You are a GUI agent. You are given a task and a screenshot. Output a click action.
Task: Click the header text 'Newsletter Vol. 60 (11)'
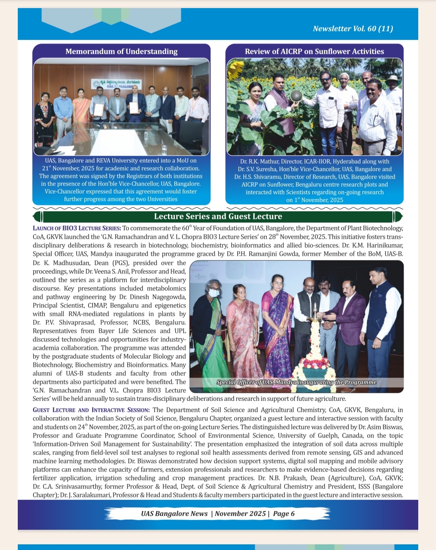[x=353, y=29]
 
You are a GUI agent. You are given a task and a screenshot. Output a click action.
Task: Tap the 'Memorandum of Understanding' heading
[x=122, y=51]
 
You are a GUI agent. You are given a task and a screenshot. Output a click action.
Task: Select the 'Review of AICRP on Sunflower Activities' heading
[x=314, y=51]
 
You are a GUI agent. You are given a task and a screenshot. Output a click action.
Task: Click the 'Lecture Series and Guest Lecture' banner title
[x=218, y=217]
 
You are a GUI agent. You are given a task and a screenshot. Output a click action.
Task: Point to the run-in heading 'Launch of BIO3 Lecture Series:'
[x=77, y=228]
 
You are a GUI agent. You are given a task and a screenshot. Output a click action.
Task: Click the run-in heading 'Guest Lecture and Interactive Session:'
[x=91, y=410]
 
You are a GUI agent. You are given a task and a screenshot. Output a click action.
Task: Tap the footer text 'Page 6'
[x=284, y=514]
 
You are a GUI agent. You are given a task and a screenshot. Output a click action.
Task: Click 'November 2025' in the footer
[x=240, y=514]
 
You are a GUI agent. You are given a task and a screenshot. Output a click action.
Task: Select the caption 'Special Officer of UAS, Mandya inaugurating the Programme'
[x=296, y=382]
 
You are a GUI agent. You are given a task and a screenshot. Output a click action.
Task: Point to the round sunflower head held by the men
[x=296, y=96]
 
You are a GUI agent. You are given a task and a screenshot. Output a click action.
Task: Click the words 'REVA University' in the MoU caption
[x=120, y=160]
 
